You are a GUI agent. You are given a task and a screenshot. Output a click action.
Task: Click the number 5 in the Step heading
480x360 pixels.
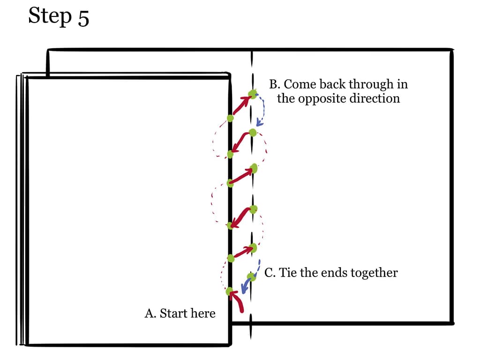[x=83, y=18]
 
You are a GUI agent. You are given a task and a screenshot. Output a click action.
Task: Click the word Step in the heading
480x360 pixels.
[x=50, y=16]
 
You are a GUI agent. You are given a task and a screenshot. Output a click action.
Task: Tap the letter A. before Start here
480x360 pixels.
[x=150, y=313]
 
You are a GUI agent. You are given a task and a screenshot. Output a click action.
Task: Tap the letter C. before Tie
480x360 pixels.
[x=270, y=272]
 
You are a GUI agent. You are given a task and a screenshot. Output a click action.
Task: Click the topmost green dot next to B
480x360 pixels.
[x=253, y=94]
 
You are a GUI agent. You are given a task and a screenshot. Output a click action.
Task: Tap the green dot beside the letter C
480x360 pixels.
[x=251, y=277]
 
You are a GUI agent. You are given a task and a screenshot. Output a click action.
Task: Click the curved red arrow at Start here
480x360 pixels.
[x=237, y=301]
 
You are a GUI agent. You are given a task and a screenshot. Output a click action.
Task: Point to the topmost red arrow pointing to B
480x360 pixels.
[x=242, y=105]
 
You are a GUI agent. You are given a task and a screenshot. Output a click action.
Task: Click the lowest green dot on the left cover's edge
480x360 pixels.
[x=229, y=291]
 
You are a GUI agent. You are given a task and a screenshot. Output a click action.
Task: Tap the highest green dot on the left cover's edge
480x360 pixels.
[x=230, y=118]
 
